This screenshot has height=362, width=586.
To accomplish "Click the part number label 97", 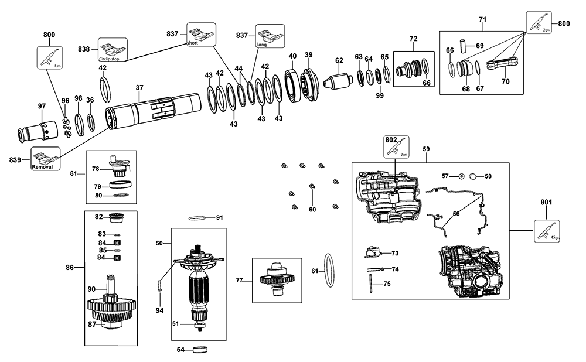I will (x=42, y=105).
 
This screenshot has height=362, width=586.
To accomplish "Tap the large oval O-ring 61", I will (x=331, y=271).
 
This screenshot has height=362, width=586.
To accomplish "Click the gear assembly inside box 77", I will (x=277, y=278).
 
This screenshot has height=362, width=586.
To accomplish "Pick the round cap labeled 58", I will (x=473, y=176).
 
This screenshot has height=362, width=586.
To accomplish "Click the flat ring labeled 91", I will (x=198, y=218).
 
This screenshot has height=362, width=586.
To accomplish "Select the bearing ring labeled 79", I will (x=122, y=186).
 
